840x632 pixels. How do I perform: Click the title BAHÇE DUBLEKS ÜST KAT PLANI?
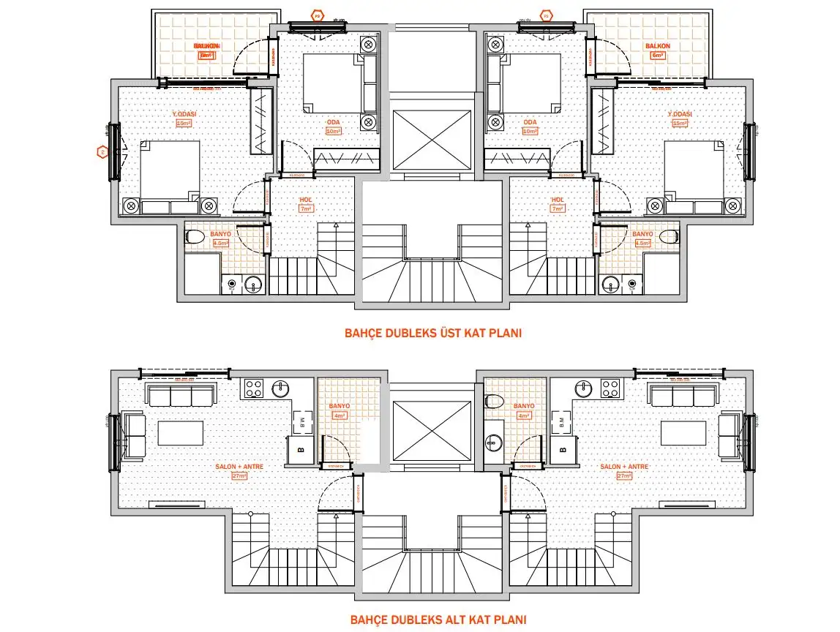pyautogui.click(x=432, y=334)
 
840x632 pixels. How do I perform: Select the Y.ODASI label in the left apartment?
pyautogui.click(x=184, y=114)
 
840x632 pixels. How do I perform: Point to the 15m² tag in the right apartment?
pyautogui.click(x=680, y=124)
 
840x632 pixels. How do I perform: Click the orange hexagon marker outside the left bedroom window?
pyautogui.click(x=103, y=152)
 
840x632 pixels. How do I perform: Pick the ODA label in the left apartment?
pyautogui.click(x=334, y=122)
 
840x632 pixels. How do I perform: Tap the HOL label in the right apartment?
pyautogui.click(x=557, y=200)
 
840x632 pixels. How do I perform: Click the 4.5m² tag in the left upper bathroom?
pyautogui.click(x=220, y=243)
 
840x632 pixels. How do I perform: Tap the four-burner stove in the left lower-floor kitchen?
pyautogui.click(x=254, y=388)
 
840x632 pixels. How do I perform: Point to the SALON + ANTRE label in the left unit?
pyautogui.click(x=239, y=467)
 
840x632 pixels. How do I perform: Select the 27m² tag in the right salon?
pyautogui.click(x=623, y=475)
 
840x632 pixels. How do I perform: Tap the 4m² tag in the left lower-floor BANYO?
pyautogui.click(x=340, y=415)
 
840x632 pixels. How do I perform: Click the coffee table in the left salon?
pyautogui.click(x=181, y=432)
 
